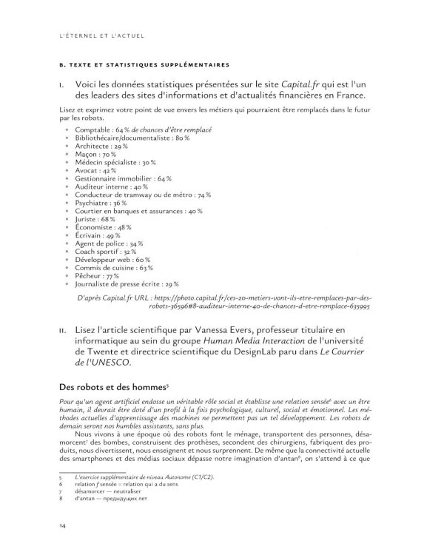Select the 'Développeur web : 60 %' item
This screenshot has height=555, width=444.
[x=117, y=259]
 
